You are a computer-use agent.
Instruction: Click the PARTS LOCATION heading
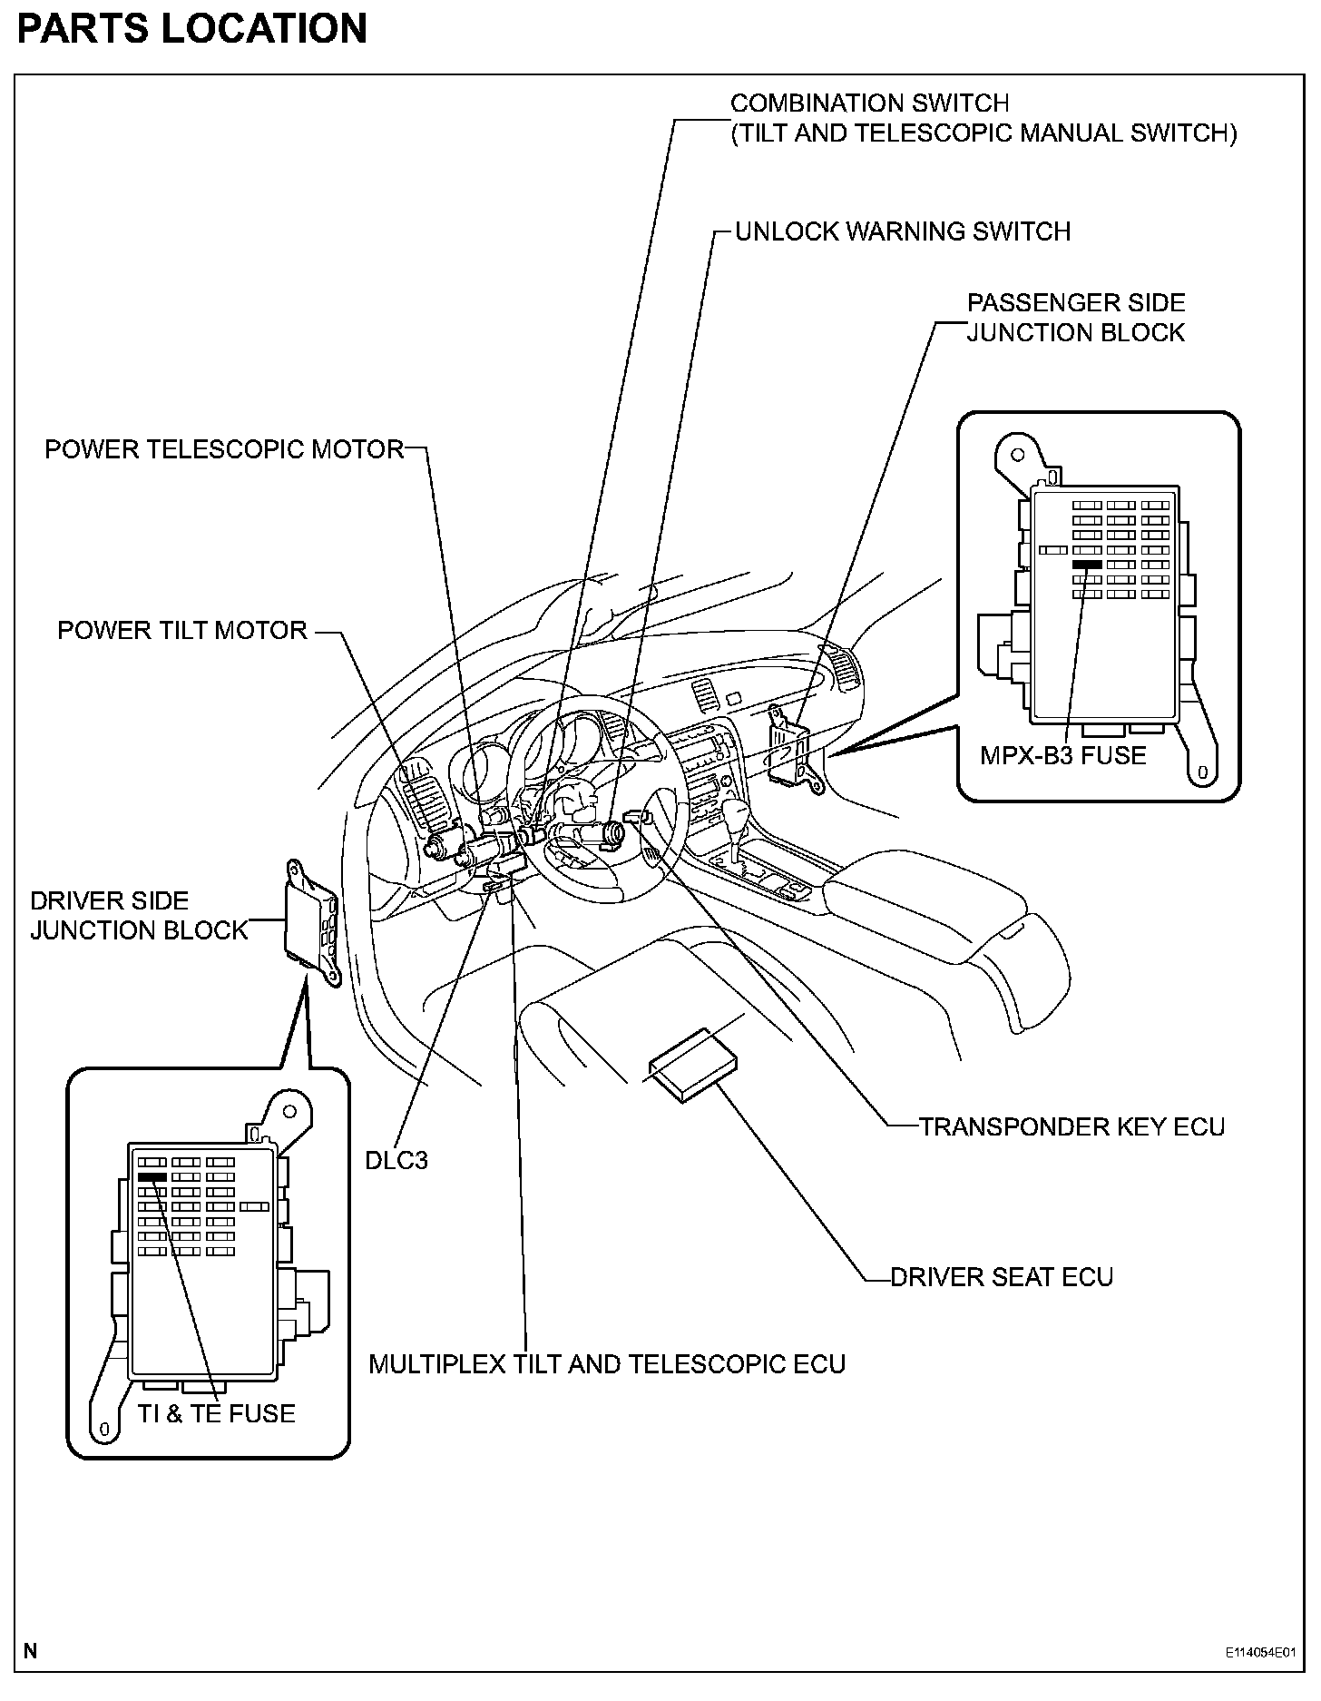[191, 29]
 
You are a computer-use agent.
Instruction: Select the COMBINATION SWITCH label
[983, 118]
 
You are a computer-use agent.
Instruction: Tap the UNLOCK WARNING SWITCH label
[902, 231]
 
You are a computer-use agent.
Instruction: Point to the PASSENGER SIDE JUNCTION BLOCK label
[1075, 318]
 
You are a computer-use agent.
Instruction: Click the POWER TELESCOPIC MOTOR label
[224, 449]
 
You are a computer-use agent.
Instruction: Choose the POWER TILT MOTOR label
[182, 631]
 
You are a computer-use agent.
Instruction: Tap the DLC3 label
[396, 1160]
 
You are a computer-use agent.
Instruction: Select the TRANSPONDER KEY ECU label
[1071, 1126]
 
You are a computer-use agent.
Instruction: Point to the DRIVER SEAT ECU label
[1001, 1276]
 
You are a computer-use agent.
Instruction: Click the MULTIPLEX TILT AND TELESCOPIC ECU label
[606, 1364]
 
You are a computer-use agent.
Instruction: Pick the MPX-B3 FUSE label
[1062, 755]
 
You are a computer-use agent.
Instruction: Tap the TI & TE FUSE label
[216, 1413]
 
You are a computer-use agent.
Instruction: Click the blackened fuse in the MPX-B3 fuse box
[1086, 565]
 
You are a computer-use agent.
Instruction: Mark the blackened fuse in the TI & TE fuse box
[152, 1176]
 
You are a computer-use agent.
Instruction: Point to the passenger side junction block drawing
[791, 742]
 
